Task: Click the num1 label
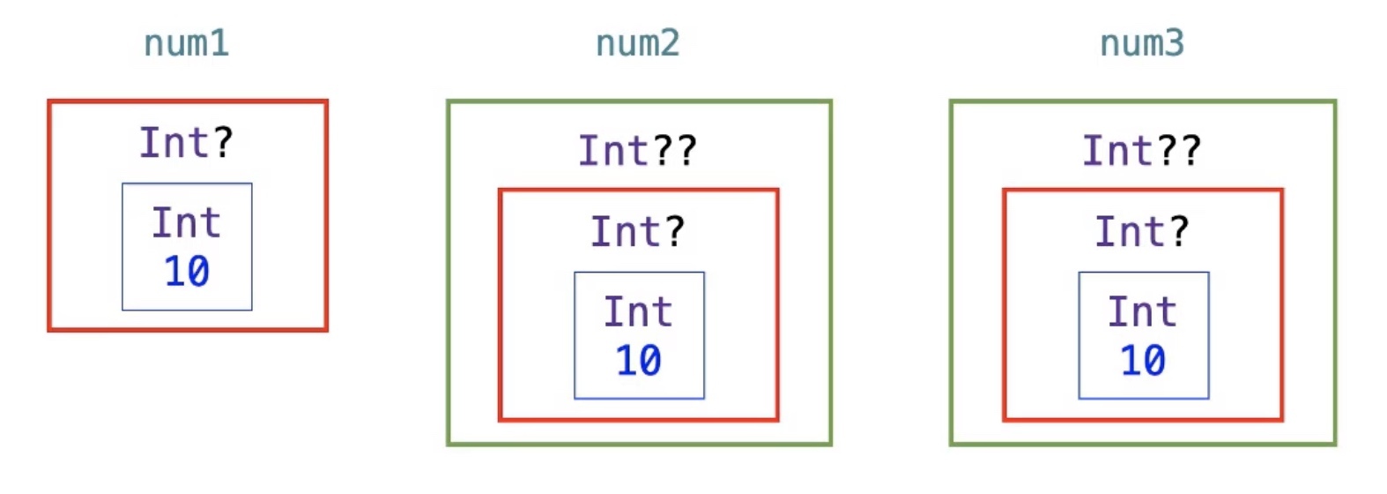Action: coord(187,43)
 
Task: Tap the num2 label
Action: coord(638,43)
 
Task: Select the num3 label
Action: coord(1142,43)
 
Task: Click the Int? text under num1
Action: coord(187,142)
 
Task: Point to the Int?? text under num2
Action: coord(638,151)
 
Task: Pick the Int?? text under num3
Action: coord(1142,151)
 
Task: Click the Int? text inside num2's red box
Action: coord(638,231)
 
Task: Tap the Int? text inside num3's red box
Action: coord(1142,231)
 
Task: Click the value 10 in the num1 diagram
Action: coord(187,271)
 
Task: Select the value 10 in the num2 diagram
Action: coord(639,360)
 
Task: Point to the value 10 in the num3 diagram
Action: coord(1143,360)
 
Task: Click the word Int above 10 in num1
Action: coord(187,222)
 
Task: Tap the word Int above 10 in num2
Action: coord(638,311)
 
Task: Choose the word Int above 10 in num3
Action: coord(1142,311)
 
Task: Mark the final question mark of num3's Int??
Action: coord(1190,151)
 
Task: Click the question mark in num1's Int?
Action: coord(223,142)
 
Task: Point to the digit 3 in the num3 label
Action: coord(1175,43)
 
